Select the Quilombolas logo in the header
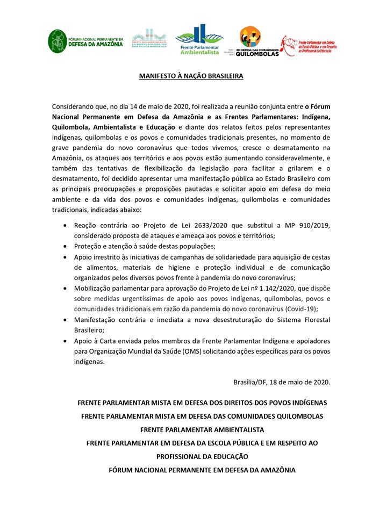tap(252, 41)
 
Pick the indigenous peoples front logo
tap(150, 39)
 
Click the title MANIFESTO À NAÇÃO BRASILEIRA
tap(191, 76)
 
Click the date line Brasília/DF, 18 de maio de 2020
tap(282, 382)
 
